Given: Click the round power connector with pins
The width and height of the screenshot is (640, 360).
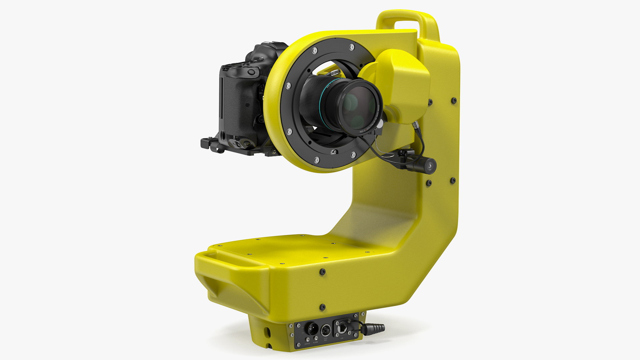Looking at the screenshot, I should coord(312,328).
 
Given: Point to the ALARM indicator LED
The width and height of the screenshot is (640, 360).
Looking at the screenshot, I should coord(316,338).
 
